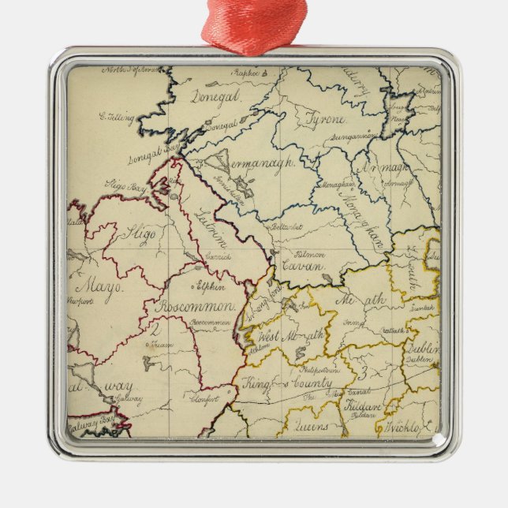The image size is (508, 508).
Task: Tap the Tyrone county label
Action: pos(324,119)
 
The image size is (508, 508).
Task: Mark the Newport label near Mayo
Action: pos(83,301)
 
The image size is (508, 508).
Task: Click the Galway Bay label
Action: pos(88,426)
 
